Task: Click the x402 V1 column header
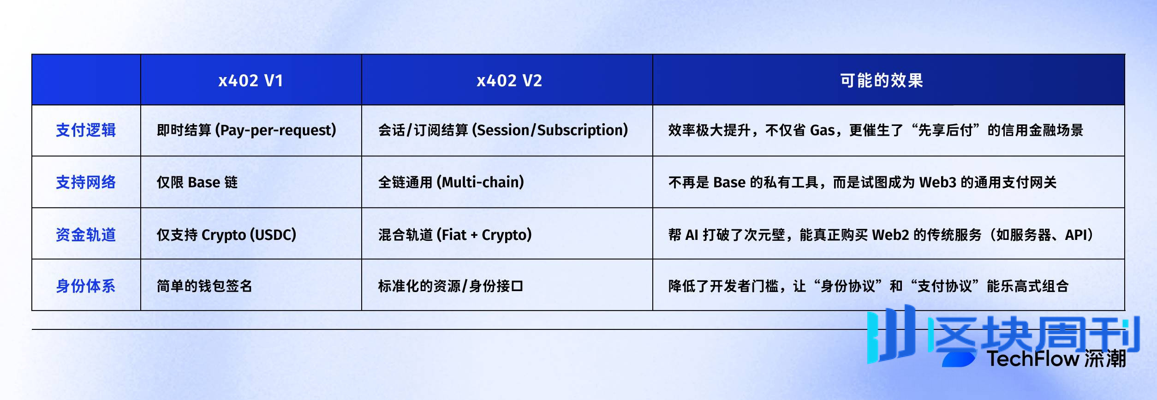(x=250, y=81)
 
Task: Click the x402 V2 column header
(x=509, y=81)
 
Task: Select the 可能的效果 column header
(x=881, y=81)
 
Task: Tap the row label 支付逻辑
(x=86, y=130)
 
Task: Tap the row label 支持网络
(x=86, y=182)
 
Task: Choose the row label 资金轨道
(x=86, y=235)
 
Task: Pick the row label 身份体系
(x=86, y=286)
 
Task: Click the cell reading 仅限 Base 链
(x=197, y=182)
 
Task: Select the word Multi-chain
(x=482, y=182)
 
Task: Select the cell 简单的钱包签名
(x=204, y=286)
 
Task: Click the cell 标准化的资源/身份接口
(x=450, y=286)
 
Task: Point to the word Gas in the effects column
(x=822, y=131)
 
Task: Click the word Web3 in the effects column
(x=937, y=182)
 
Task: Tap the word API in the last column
(x=1076, y=235)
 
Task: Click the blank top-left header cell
(x=86, y=80)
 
